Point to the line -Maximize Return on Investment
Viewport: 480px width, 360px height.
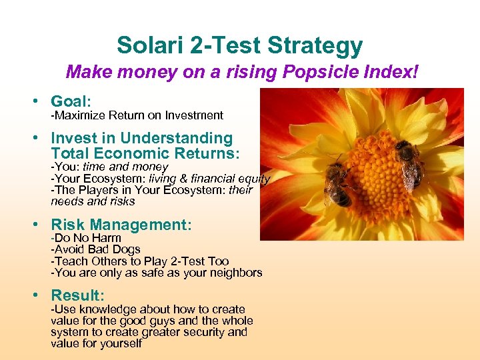point(137,115)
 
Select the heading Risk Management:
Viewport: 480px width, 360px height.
point(121,225)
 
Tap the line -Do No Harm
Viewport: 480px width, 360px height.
point(86,238)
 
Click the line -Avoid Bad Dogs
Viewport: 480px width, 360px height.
point(96,249)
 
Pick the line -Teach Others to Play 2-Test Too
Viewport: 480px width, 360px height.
point(140,261)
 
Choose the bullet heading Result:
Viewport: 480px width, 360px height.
point(78,295)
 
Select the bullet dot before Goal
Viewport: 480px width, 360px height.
point(41,101)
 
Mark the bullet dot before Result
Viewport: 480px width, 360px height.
point(41,295)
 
